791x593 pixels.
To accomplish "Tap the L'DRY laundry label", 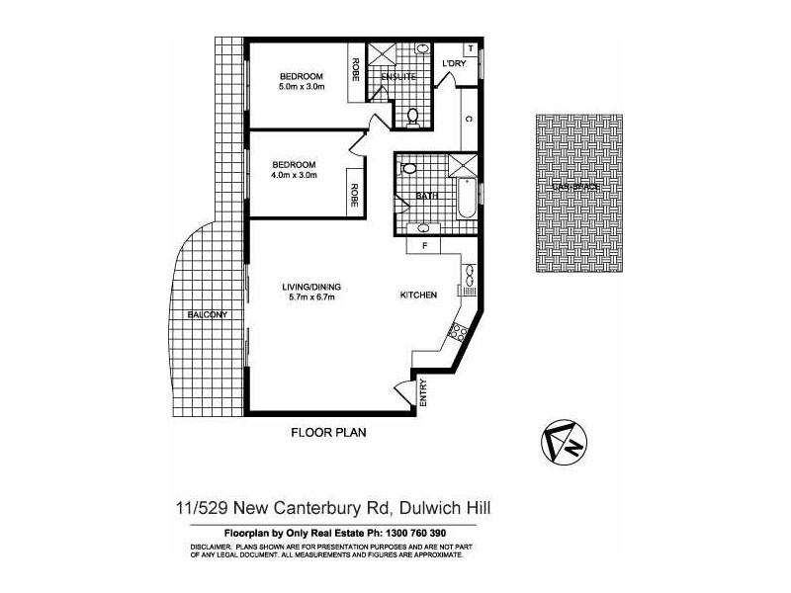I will (x=454, y=65).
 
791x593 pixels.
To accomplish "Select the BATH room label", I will (x=426, y=196).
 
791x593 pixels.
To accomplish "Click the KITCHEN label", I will (x=418, y=295).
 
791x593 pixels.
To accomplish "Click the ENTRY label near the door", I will (x=422, y=394).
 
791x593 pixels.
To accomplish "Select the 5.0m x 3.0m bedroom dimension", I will (x=301, y=87).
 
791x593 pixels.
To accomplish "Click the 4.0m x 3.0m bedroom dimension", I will (x=294, y=175).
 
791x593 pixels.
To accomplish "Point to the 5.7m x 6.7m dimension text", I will (x=309, y=297).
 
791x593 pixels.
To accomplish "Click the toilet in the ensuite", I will (x=412, y=117).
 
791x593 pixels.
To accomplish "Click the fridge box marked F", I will (x=423, y=244).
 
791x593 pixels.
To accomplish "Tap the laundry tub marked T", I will (x=470, y=48).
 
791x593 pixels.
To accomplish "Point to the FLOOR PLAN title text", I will (x=329, y=431).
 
